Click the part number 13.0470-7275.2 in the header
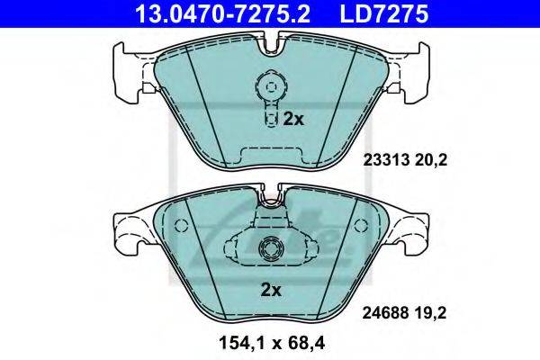[223, 13]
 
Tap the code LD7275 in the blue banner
[384, 13]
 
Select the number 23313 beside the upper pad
[386, 160]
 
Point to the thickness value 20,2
[431, 160]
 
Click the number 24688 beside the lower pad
[385, 313]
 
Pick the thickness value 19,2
[430, 313]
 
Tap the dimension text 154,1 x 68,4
[272, 343]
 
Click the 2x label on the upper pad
[293, 119]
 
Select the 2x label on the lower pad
[271, 291]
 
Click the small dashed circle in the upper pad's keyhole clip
[272, 86]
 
